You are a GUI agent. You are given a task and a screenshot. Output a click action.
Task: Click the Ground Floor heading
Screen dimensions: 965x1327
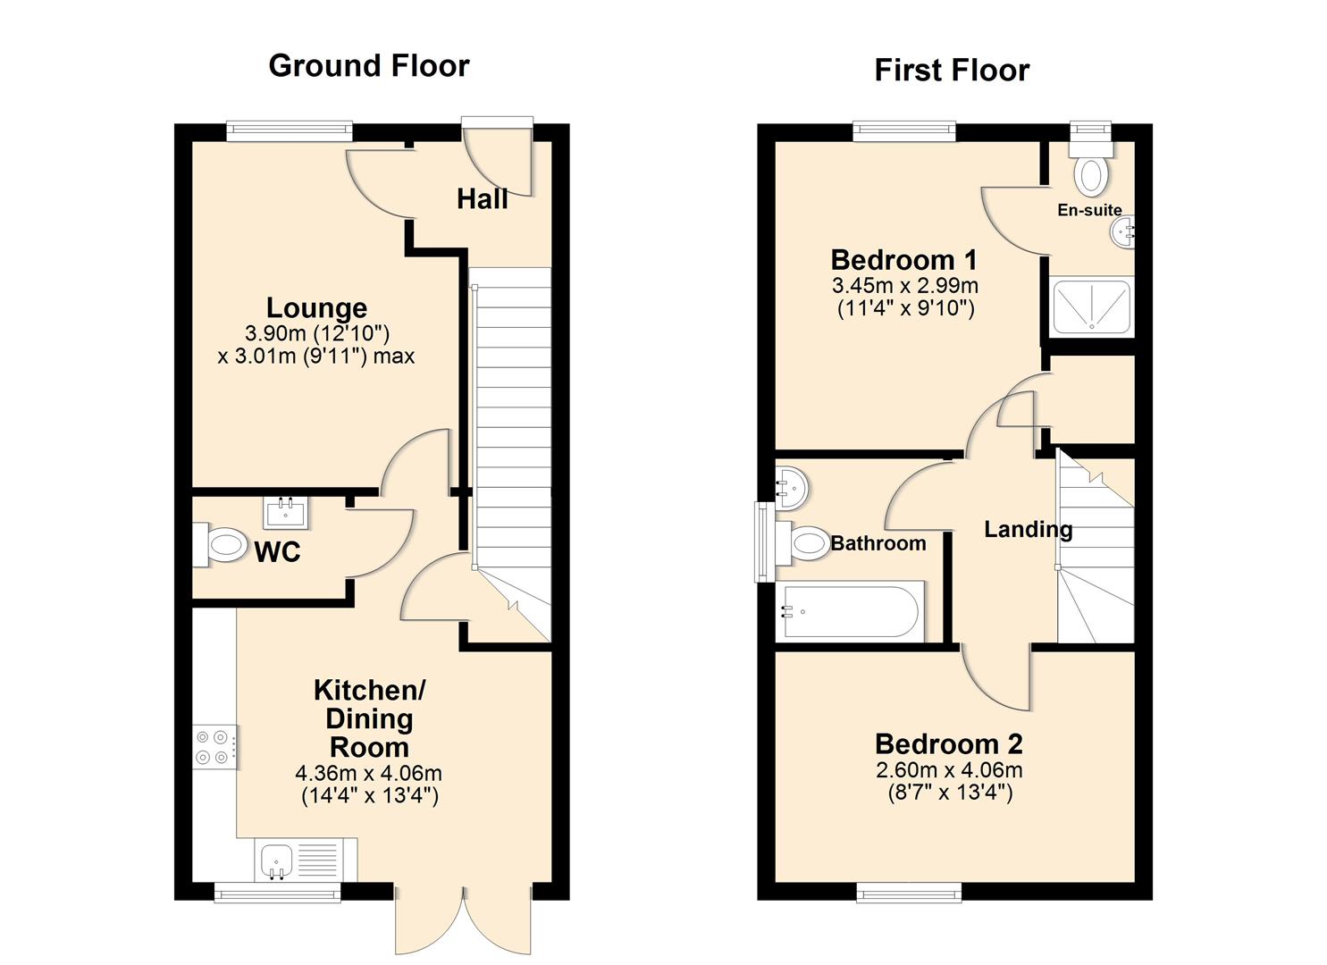(x=368, y=66)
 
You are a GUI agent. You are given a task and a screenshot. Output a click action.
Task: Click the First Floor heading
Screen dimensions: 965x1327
(x=951, y=71)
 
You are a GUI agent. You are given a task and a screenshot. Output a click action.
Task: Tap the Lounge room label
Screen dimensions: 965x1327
(x=316, y=308)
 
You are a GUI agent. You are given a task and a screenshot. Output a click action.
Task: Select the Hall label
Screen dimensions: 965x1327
(x=482, y=199)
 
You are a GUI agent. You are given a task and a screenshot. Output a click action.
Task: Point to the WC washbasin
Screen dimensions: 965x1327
(x=286, y=513)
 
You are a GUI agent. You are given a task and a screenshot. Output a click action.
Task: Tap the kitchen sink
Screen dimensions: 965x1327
(x=277, y=860)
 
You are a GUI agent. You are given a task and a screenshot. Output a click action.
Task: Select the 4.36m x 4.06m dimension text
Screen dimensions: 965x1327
(x=368, y=774)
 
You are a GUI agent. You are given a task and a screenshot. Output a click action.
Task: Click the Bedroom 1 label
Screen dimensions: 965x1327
(x=903, y=260)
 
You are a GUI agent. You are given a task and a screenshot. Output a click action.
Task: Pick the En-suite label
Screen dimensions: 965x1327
(x=1089, y=211)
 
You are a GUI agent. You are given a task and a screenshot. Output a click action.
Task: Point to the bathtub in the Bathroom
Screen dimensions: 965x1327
(x=849, y=611)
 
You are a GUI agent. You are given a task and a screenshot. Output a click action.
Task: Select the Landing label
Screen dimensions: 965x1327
(x=1028, y=529)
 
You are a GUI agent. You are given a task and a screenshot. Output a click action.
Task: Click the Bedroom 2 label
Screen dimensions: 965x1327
(x=948, y=743)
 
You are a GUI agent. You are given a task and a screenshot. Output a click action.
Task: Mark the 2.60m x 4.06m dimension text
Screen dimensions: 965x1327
(x=949, y=770)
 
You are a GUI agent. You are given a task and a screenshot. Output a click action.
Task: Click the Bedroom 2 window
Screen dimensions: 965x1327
(x=909, y=892)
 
